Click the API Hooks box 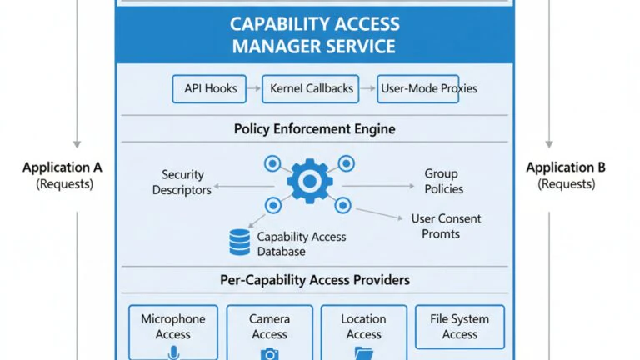(209, 88)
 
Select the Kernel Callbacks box (311, 88)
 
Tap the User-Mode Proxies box (418, 88)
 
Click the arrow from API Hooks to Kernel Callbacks (254, 88)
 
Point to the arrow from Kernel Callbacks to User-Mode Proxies (367, 88)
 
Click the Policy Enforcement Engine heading (315, 129)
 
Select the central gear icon (310, 181)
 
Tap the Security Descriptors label (182, 182)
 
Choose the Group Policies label (443, 181)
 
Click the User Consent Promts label (446, 226)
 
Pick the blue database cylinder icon (240, 242)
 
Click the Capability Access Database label (301, 244)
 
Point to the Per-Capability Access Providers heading (315, 280)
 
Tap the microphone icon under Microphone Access (173, 352)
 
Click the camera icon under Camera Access (270, 354)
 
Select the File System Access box (460, 327)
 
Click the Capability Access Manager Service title (315, 35)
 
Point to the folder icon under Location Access (363, 353)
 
